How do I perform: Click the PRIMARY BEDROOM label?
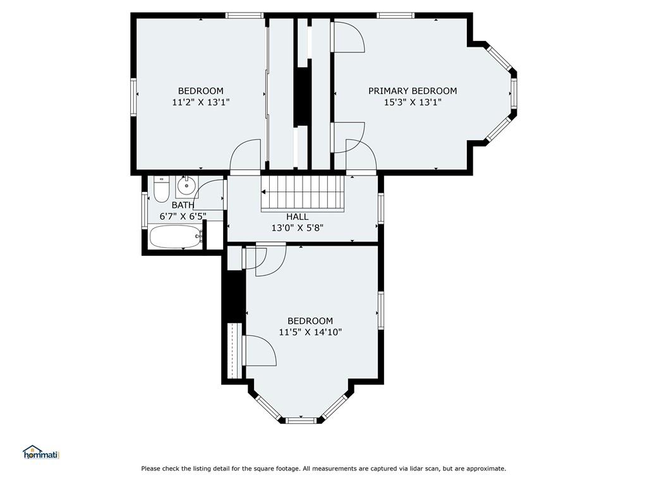pyautogui.click(x=412, y=91)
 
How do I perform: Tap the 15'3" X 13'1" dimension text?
pyautogui.click(x=413, y=102)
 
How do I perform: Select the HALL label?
pyautogui.click(x=297, y=217)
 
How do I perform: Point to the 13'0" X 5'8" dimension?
pyautogui.click(x=297, y=227)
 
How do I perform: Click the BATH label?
pyautogui.click(x=183, y=205)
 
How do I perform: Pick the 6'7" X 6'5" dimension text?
pyautogui.click(x=183, y=216)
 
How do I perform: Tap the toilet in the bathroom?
pyautogui.click(x=161, y=189)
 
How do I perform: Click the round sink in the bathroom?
pyautogui.click(x=187, y=186)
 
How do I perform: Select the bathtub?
pyautogui.click(x=176, y=237)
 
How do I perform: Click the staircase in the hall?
pyautogui.click(x=303, y=193)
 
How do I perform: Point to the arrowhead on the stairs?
pyautogui.click(x=263, y=192)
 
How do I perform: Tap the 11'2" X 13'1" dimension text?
pyautogui.click(x=200, y=102)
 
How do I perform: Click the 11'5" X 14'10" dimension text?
pyautogui.click(x=310, y=332)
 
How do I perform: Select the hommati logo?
pyautogui.click(x=41, y=452)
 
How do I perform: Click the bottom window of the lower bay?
pyautogui.click(x=301, y=421)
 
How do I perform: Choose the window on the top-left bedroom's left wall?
pyautogui.click(x=134, y=97)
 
